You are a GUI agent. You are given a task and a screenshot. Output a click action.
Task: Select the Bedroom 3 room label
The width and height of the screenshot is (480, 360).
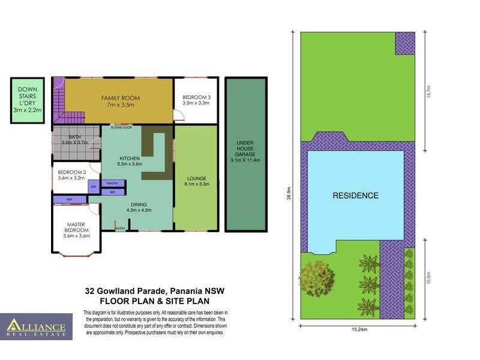tap(196, 100)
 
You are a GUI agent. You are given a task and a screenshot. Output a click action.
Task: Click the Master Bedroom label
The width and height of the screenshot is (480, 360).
tap(77, 230)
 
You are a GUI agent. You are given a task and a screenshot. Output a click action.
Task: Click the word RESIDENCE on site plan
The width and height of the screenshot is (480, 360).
tap(356, 196)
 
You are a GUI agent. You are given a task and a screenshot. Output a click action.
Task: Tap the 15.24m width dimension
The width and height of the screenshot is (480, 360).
tap(357, 329)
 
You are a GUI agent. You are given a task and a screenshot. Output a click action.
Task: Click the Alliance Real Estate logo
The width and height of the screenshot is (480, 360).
tap(36, 327)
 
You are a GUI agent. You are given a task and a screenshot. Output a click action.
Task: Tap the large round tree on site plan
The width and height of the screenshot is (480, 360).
tap(316, 277)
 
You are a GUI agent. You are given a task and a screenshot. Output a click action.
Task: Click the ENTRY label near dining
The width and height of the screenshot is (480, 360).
tap(120, 228)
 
